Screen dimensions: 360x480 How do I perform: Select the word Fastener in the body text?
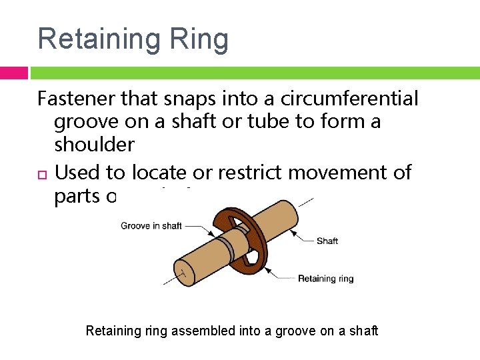point(76,99)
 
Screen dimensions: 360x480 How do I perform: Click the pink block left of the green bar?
point(13,73)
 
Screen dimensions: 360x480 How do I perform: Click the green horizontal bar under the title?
point(253,73)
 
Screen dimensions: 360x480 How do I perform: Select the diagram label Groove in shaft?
point(151,226)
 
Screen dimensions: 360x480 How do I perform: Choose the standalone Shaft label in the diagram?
point(327,241)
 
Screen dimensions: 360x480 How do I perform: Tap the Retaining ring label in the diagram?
point(325,279)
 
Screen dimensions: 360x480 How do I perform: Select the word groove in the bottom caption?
point(286,331)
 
